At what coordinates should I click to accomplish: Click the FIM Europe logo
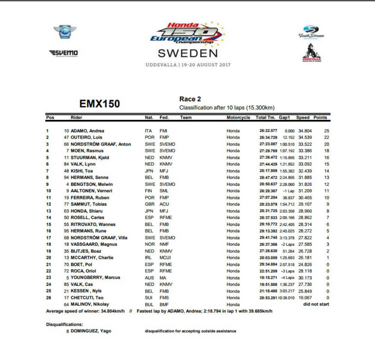click(65, 32)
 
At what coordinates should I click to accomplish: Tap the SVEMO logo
click(63, 53)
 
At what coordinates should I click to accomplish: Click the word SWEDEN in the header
click(187, 53)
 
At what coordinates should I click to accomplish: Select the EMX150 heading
click(100, 104)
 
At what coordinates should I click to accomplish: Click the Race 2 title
click(190, 99)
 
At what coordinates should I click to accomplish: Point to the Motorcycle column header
click(238, 118)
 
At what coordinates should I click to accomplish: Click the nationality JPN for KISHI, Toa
click(149, 171)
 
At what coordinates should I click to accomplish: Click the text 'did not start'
click(316, 304)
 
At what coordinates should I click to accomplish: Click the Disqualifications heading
click(64, 324)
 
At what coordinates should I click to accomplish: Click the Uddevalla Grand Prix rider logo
click(312, 53)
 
